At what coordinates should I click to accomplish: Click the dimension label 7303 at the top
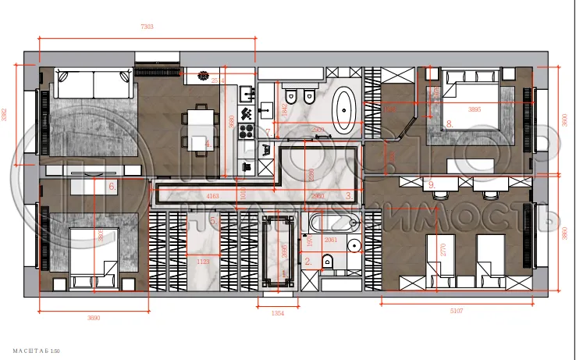(x=147, y=27)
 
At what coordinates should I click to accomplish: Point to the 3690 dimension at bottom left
(x=93, y=318)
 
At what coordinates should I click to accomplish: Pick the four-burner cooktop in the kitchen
(x=247, y=130)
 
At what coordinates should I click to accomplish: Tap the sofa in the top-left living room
(x=92, y=84)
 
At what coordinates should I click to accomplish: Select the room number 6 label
(x=112, y=186)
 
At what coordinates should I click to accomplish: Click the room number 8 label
(x=449, y=123)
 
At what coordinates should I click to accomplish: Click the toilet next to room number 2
(x=326, y=262)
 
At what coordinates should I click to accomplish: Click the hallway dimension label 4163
(x=212, y=196)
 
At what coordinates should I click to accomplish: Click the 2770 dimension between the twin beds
(x=443, y=250)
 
